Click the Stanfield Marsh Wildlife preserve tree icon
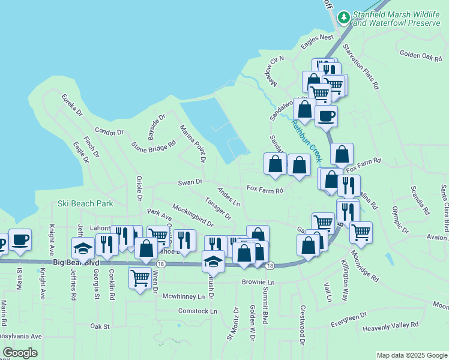(x=344, y=17)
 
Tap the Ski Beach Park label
(x=86, y=203)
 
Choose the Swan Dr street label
(x=191, y=182)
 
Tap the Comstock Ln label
(x=197, y=311)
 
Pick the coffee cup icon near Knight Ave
(x=20, y=239)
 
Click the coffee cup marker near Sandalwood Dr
(x=326, y=115)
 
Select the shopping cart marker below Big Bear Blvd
(x=140, y=277)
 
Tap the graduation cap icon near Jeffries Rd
(x=83, y=248)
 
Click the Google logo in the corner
(x=20, y=353)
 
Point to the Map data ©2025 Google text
(x=411, y=355)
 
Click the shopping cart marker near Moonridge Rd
(x=360, y=232)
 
